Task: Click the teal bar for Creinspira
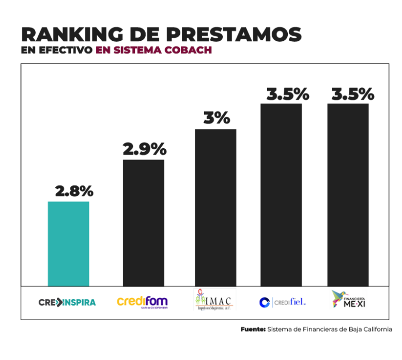(x=68, y=243)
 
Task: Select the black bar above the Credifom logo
(x=143, y=223)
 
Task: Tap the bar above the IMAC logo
(x=215, y=207)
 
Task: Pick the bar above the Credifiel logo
(x=281, y=195)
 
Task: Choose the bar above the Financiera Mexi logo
(x=348, y=195)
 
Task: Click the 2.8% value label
(x=74, y=191)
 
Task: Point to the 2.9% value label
(x=144, y=149)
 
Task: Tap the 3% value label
(x=217, y=118)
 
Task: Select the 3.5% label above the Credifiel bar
(x=287, y=94)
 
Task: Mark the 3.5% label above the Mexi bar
(x=352, y=94)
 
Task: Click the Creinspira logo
(x=67, y=302)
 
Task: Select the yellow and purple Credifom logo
(x=142, y=301)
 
